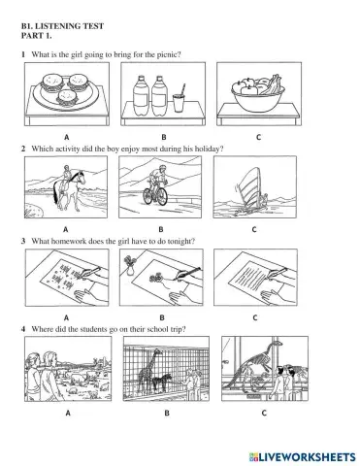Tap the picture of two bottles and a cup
[x=161, y=98]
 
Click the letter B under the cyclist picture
[x=161, y=229]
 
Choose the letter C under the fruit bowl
[x=257, y=137]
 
